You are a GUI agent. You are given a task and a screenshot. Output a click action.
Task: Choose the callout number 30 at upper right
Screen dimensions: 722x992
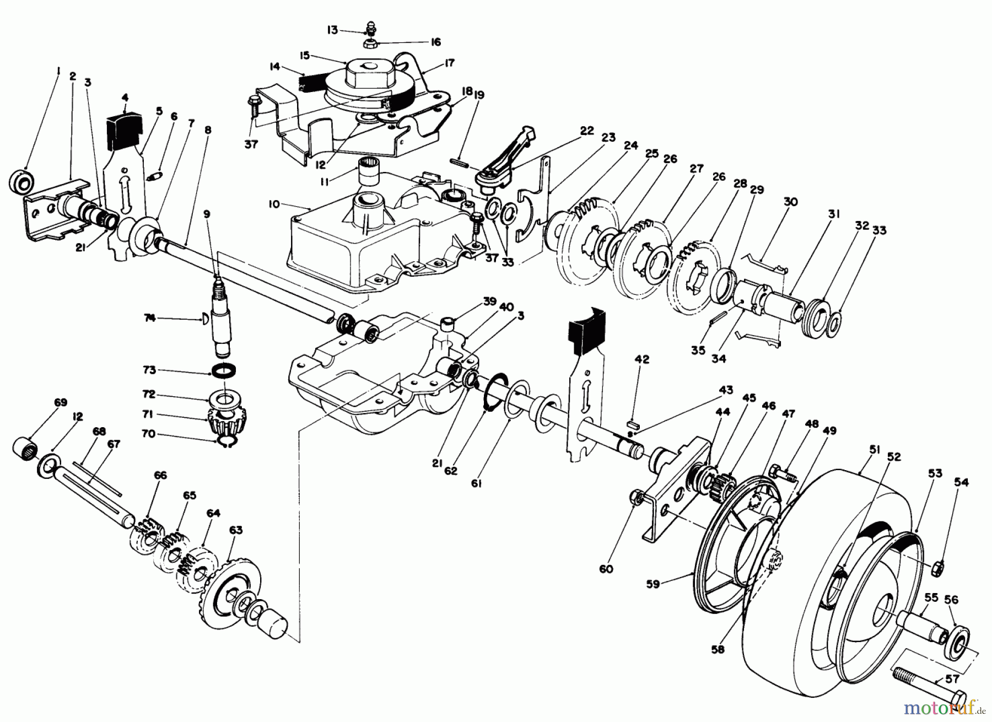[790, 202]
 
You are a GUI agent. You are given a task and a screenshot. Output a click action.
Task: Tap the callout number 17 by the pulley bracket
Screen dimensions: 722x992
[449, 64]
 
